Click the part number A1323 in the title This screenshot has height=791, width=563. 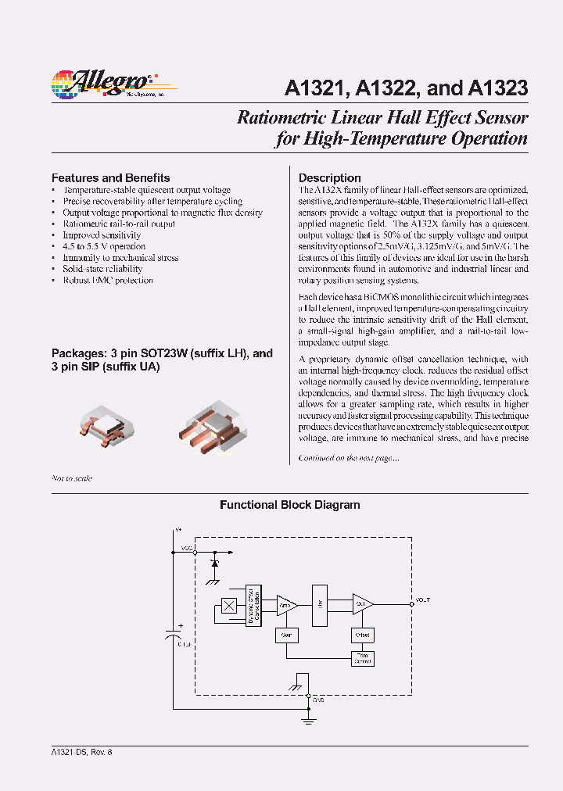pos(497,88)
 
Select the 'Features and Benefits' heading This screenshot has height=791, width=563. pos(110,177)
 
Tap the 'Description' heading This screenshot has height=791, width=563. pos(329,177)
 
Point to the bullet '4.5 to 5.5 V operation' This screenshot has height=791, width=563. pos(104,246)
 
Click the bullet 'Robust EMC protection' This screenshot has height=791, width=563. pos(108,280)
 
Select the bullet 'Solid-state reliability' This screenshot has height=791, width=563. pos(102,269)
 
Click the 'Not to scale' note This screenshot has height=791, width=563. pos(72,478)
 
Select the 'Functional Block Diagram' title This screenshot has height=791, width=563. pos(289,505)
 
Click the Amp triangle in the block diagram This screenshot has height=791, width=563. pos(286,604)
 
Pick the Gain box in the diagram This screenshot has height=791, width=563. pos(286,635)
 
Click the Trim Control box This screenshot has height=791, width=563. pos(363,658)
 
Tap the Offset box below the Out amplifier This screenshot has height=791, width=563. pos(363,635)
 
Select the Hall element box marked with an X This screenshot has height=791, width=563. pos(228,605)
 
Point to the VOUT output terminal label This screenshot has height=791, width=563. pos(422,600)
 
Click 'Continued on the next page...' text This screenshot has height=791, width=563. pos(349,458)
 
